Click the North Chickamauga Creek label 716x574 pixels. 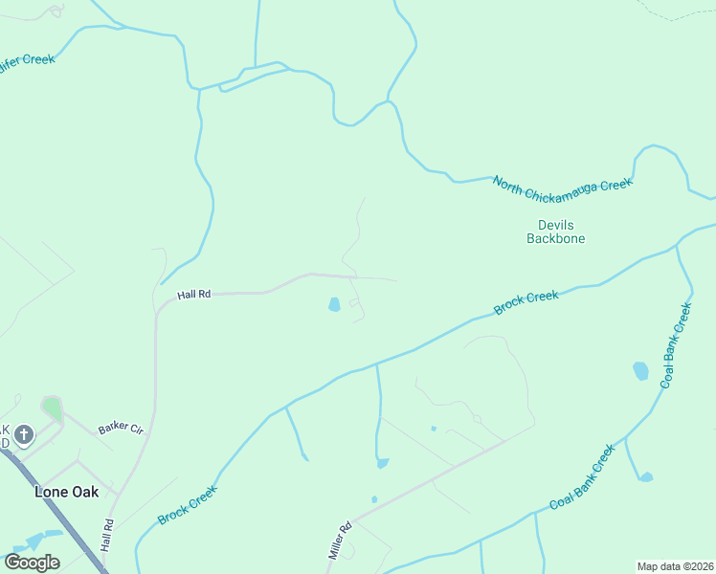pos(562,184)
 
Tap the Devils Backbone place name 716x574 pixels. pos(555,232)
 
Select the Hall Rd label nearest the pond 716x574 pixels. pos(193,295)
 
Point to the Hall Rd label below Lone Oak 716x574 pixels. pos(108,536)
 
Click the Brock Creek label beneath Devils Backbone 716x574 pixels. pos(526,302)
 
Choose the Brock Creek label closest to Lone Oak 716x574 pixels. pos(188,504)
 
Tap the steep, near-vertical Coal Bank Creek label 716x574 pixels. pos(675,345)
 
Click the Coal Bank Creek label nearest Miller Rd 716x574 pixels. pos(581,477)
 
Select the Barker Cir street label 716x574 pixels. pos(121,429)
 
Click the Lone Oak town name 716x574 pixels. pos(64,492)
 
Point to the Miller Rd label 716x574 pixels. pos(340,541)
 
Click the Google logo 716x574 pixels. pos(32,563)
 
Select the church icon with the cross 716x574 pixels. pos(24,436)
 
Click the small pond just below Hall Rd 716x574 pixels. pos(334,305)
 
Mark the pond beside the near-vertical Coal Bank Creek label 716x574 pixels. pos(640,370)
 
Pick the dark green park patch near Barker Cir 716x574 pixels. pos(52,409)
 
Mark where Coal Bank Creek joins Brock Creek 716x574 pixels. pos(677,246)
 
